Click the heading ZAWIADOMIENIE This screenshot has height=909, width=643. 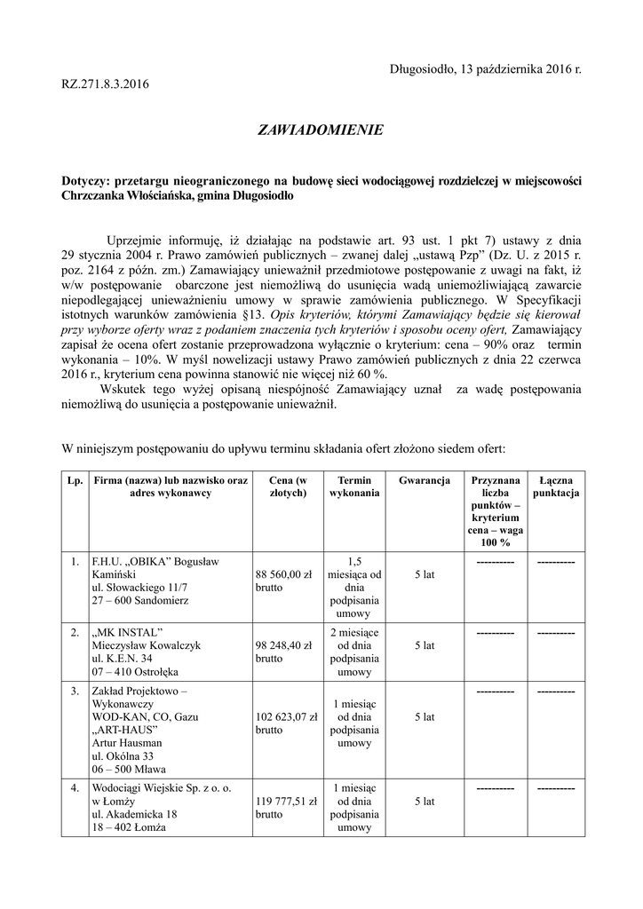[321, 130]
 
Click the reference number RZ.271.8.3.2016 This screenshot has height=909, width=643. [106, 84]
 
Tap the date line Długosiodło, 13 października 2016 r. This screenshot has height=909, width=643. [486, 69]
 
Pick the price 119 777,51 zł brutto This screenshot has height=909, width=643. [286, 806]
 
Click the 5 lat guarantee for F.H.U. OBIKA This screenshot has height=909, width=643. [424, 575]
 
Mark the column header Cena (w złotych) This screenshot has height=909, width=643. [287, 486]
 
